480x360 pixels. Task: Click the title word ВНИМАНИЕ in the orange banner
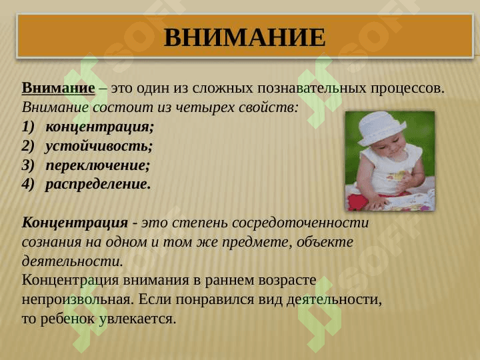click(245, 38)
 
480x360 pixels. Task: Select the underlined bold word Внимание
click(58, 88)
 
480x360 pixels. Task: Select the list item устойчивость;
click(99, 146)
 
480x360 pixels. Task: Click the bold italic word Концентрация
click(75, 223)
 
